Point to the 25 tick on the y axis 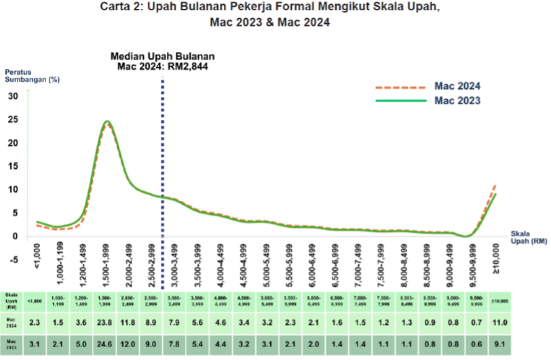pyautogui.click(x=14, y=119)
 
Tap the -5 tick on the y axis pyautogui.click(x=13, y=260)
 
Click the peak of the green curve pyautogui.click(x=107, y=121)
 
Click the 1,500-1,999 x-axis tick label pyautogui.click(x=107, y=264)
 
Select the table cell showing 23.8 pyautogui.click(x=106, y=321)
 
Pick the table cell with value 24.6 pyautogui.click(x=106, y=344)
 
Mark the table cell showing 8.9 pyautogui.click(x=152, y=321)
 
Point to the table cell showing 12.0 pyautogui.click(x=129, y=344)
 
